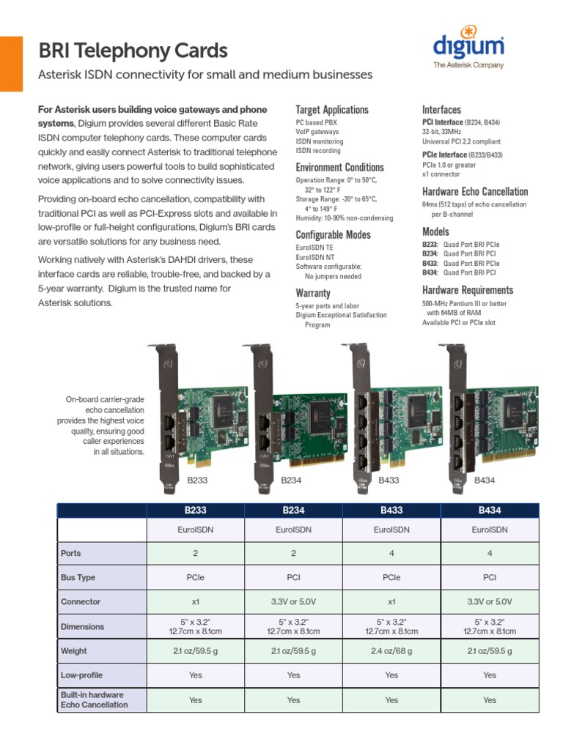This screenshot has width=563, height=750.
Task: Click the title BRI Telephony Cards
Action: tap(133, 51)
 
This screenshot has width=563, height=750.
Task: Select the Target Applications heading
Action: tap(331, 110)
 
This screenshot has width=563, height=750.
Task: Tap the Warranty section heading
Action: tap(313, 293)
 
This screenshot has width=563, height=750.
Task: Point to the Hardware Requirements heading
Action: tap(468, 290)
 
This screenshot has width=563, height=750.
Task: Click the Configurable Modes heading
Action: tap(333, 235)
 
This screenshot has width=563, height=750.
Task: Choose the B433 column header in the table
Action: tap(391, 510)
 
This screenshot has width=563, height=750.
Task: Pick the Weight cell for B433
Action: tap(391, 650)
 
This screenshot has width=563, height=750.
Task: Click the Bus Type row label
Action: tap(78, 577)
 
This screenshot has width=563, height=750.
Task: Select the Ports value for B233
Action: tap(196, 553)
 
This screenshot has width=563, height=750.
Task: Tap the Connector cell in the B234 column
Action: tap(293, 601)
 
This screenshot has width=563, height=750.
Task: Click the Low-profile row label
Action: tap(81, 675)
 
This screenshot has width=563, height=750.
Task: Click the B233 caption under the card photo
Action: tap(198, 480)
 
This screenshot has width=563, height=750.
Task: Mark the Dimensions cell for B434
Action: tap(490, 626)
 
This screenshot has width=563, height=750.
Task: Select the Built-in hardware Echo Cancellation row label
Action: tap(94, 699)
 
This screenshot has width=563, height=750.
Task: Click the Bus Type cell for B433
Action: tap(391, 577)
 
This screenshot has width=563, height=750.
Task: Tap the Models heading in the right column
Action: tap(435, 231)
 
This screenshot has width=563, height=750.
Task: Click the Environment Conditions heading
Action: tap(339, 168)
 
